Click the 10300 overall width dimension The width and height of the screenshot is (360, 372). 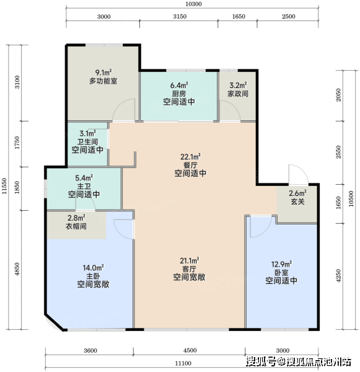tap(193, 4)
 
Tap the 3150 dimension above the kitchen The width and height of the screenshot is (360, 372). tap(180, 16)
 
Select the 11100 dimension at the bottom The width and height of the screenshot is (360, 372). tap(183, 363)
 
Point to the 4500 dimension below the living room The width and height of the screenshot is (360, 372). tap(190, 350)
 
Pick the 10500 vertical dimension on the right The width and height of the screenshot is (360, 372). tap(351, 199)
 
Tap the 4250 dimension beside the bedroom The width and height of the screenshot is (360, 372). tap(338, 276)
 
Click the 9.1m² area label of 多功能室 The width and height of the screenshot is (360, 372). tap(103, 72)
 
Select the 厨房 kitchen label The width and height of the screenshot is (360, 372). tap(179, 94)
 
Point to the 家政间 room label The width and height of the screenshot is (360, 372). tap(238, 94)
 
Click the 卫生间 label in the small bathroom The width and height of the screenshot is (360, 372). tap(87, 141)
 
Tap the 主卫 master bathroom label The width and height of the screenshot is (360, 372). tap(84, 186)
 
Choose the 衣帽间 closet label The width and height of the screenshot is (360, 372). tap(76, 226)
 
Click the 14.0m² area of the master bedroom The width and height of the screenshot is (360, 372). tap(93, 268)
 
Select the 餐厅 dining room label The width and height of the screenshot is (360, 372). tap(190, 165)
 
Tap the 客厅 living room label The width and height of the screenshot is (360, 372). tap(189, 269)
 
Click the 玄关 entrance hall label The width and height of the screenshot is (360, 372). tap(297, 201)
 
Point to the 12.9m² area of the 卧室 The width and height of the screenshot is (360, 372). tap(281, 264)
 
